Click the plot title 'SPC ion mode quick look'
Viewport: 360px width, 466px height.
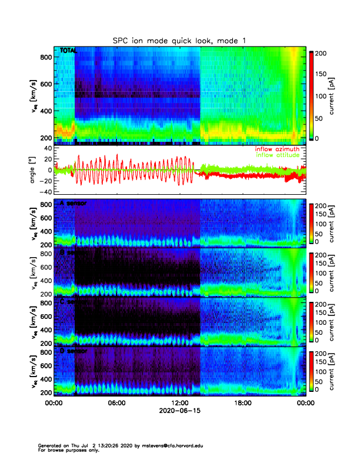pyautogui.click(x=179, y=40)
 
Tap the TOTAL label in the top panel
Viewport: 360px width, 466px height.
pyautogui.click(x=68, y=51)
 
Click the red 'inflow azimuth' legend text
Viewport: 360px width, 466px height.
pyautogui.click(x=280, y=149)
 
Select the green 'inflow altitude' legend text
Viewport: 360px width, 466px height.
pyautogui.click(x=280, y=155)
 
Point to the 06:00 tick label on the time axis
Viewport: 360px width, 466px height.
pyautogui.click(x=116, y=403)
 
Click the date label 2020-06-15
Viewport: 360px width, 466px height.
pyautogui.click(x=179, y=411)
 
